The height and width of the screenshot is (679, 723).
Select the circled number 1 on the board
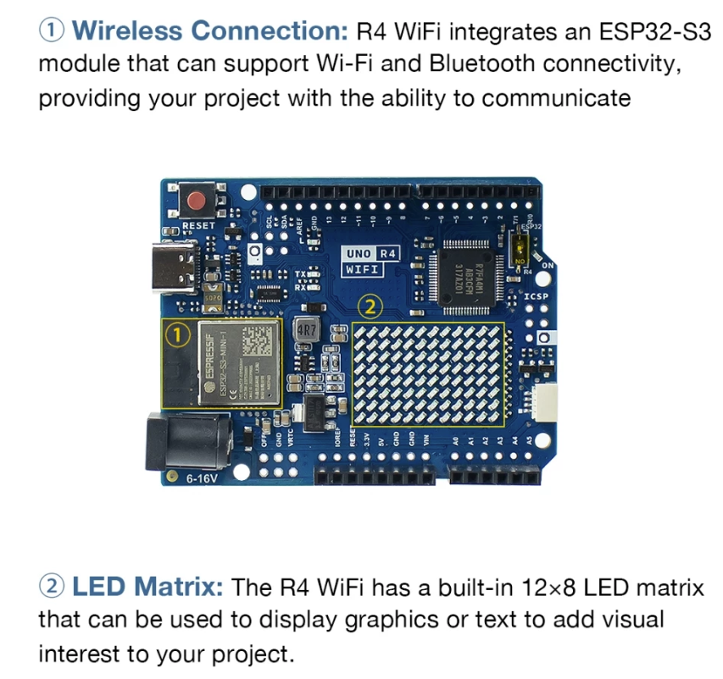click(176, 335)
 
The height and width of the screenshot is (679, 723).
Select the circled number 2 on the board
click(370, 306)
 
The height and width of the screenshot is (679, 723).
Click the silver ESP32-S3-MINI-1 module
click(239, 362)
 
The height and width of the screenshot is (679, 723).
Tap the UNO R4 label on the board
click(370, 253)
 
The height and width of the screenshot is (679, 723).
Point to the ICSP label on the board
click(536, 297)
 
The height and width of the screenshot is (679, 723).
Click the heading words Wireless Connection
click(210, 32)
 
